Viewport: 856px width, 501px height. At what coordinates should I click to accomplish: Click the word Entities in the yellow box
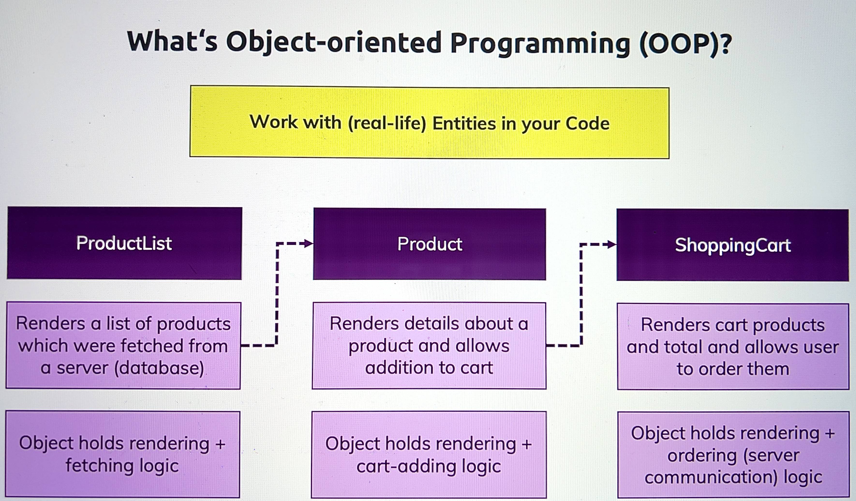(464, 123)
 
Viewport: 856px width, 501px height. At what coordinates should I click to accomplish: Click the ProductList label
(124, 243)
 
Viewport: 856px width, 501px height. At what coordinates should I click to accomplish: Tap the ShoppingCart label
(733, 245)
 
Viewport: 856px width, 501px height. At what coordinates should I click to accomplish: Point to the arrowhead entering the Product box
(308, 243)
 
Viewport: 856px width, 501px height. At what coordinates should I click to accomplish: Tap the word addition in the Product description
(400, 368)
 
